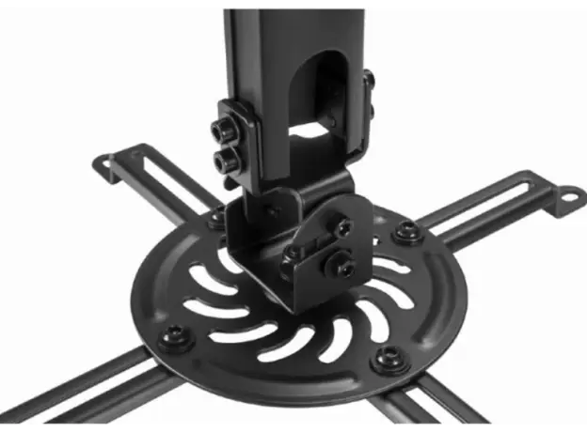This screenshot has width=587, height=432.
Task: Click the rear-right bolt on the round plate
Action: (405, 231)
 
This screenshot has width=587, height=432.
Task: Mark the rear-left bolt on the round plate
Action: (216, 222)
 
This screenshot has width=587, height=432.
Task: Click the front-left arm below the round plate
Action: (66, 394)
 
